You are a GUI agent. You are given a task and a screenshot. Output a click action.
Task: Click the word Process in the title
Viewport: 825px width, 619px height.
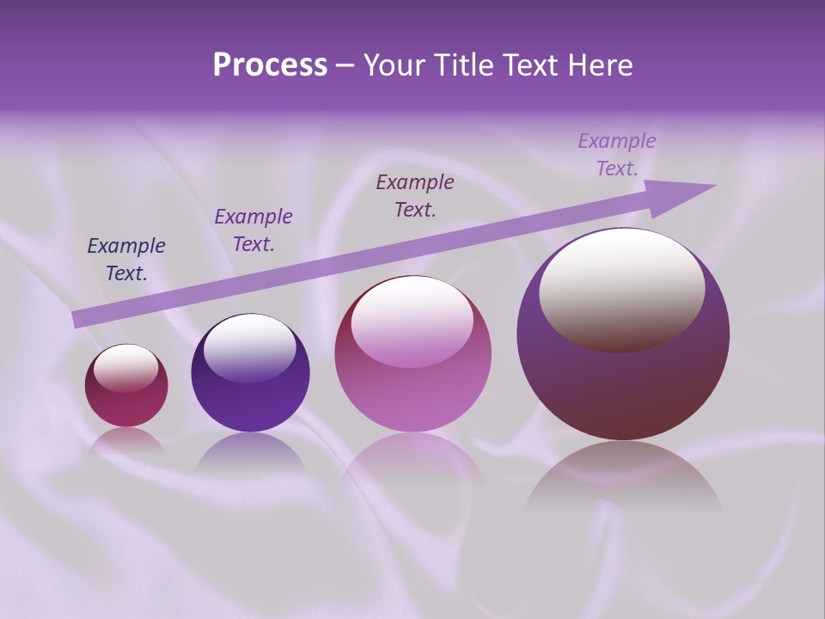[x=270, y=65]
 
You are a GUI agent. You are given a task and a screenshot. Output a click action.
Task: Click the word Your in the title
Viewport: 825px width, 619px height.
[x=392, y=65]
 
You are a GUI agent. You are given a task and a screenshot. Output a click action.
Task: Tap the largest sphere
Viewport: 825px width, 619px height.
[x=623, y=387]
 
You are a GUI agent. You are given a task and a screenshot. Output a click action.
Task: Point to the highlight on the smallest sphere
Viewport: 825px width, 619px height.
[x=125, y=368]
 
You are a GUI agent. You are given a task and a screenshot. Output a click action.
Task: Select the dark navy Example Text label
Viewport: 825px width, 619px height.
[x=126, y=260]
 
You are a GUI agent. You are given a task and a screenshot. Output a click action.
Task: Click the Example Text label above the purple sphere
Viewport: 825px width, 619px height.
[x=253, y=230]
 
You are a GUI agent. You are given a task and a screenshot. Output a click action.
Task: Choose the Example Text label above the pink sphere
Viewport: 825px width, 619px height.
[x=414, y=195]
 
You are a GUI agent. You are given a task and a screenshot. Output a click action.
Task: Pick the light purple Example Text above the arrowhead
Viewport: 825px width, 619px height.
[x=616, y=155]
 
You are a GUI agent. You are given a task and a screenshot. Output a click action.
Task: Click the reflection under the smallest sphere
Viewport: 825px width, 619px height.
[x=126, y=441]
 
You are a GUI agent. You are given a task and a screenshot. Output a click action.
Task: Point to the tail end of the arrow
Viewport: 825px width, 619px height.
[x=77, y=319]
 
